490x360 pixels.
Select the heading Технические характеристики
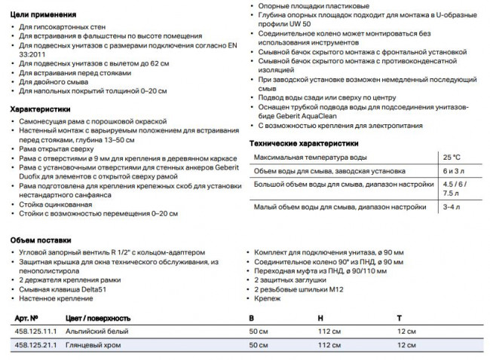[x=304, y=143]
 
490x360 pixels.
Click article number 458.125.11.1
[x=37, y=331]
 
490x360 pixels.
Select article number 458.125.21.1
[x=37, y=344]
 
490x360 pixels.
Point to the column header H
[x=320, y=317]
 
